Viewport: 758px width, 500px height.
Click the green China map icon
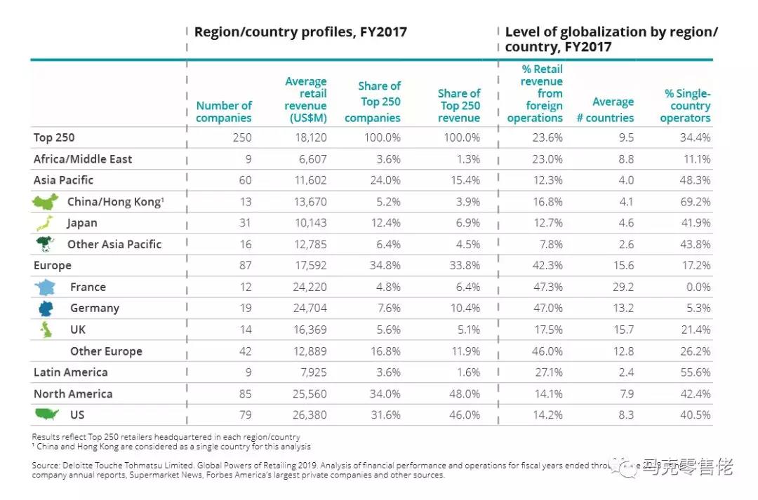pos(46,202)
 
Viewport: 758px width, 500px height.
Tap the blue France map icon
pos(46,287)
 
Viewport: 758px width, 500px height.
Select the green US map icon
pos(46,414)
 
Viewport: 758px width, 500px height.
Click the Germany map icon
pos(46,308)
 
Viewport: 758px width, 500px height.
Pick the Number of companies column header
pos(224,112)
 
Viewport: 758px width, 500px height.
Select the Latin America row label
pos(71,372)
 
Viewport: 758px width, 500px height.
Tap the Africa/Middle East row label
pos(83,159)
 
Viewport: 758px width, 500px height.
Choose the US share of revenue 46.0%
pos(465,415)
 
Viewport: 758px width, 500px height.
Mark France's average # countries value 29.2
pos(622,287)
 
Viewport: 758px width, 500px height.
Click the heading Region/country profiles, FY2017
pos(300,32)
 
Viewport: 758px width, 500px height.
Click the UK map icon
pos(46,330)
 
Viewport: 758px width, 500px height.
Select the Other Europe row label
pos(106,351)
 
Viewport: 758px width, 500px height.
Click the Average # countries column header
pos(605,110)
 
